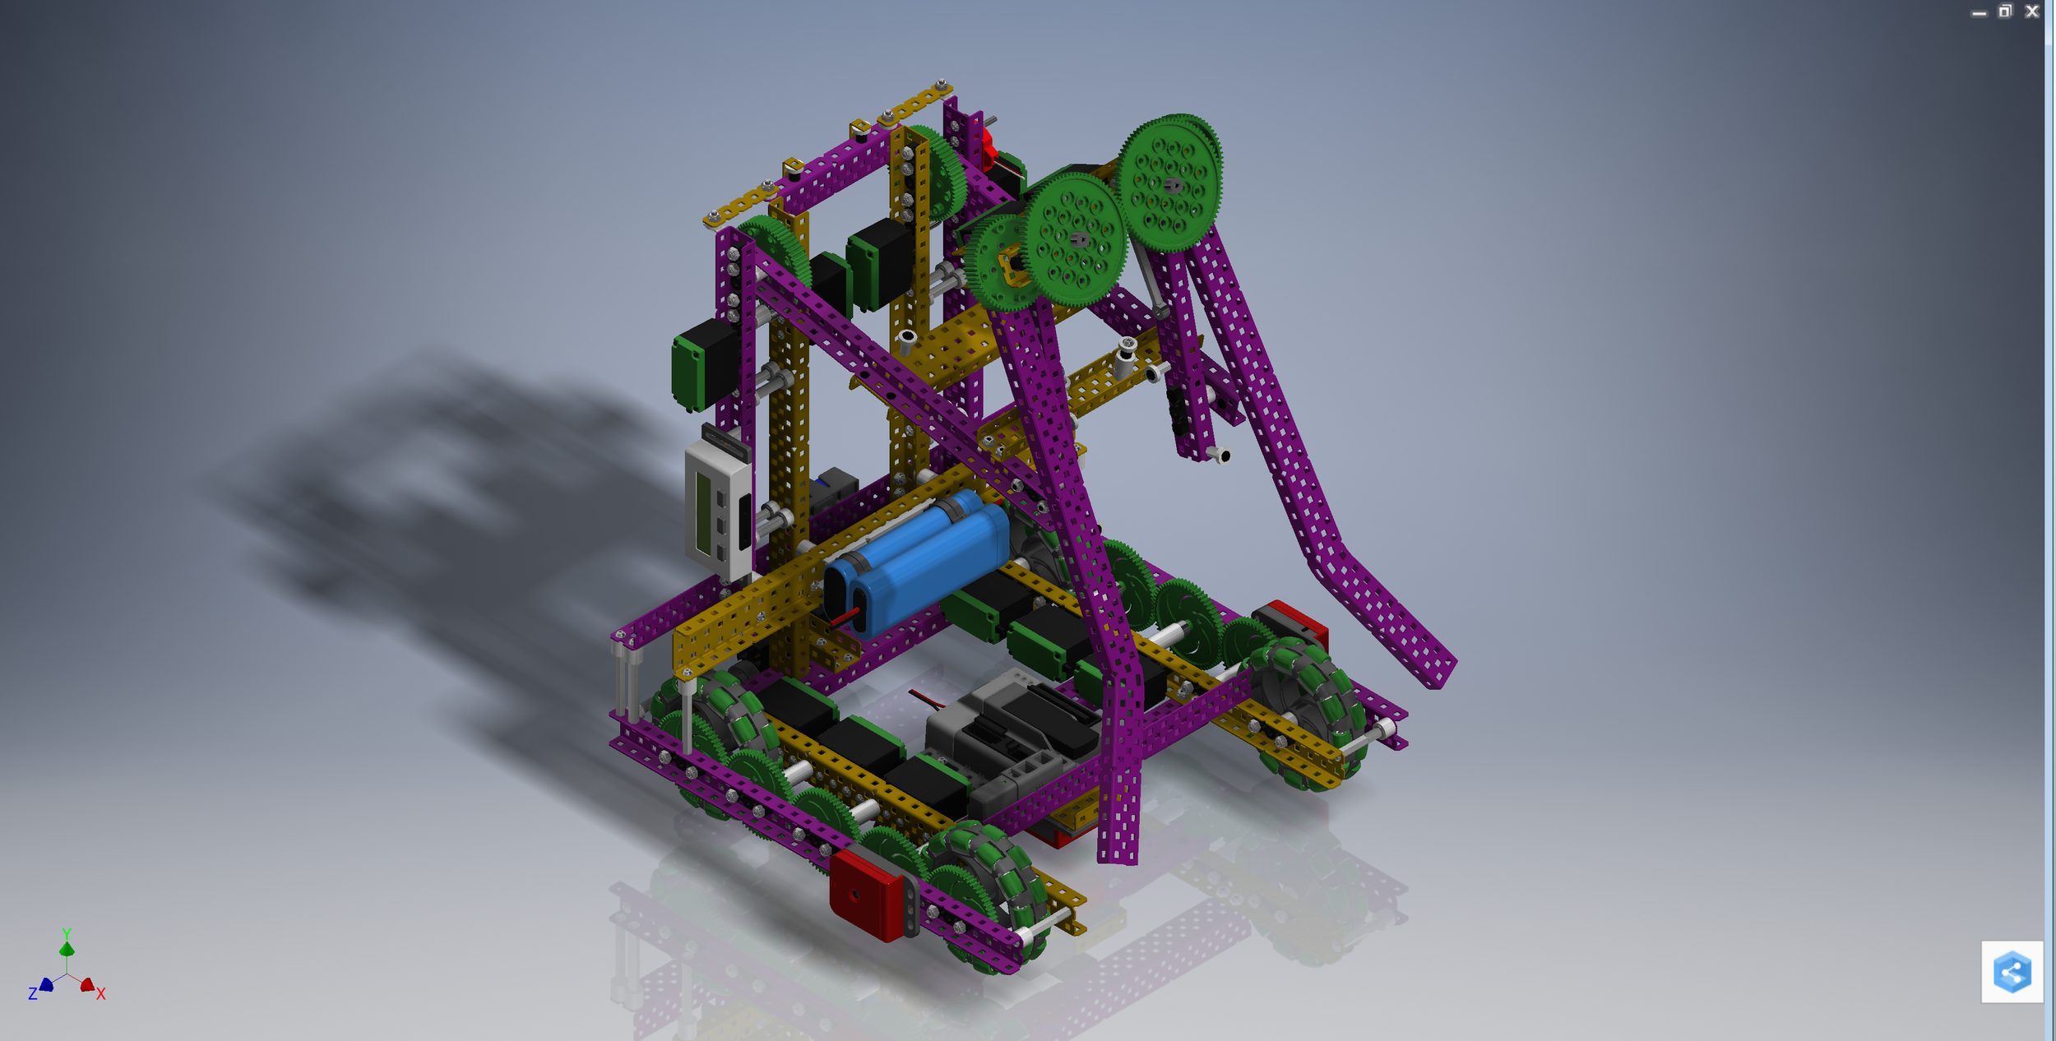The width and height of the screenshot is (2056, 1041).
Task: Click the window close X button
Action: (x=2031, y=12)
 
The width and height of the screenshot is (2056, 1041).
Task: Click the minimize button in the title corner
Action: (x=1979, y=13)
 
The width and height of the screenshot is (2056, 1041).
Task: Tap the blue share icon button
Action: (x=2012, y=972)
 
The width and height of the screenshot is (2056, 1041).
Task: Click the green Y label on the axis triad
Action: (x=67, y=933)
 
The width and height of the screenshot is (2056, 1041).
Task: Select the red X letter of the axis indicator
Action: (x=100, y=994)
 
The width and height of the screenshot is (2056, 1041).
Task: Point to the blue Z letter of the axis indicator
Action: (x=33, y=994)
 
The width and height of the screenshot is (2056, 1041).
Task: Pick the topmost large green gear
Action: (x=1169, y=183)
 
